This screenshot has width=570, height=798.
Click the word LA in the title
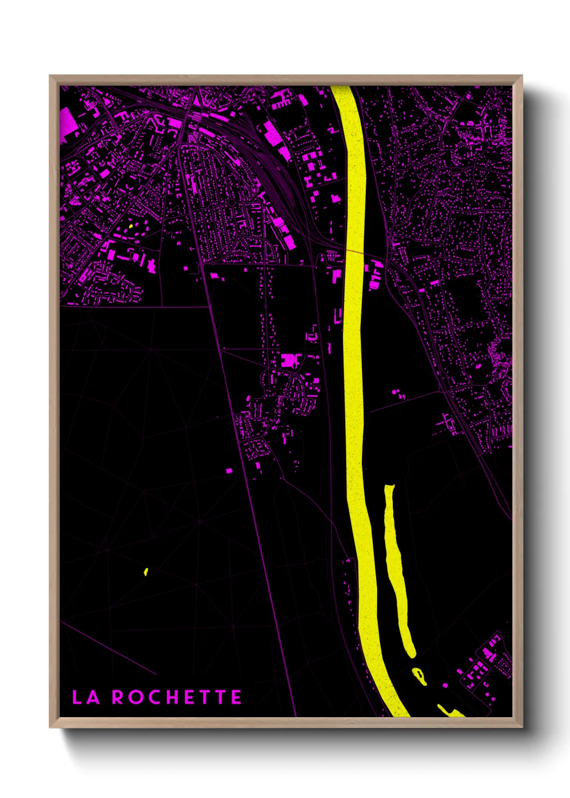tap(86, 697)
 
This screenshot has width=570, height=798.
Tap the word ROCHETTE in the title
tap(177, 697)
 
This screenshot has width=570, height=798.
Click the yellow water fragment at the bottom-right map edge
tap(450, 711)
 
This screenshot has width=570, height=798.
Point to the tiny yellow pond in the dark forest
tap(146, 572)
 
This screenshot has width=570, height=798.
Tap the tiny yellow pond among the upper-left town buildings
tap(131, 226)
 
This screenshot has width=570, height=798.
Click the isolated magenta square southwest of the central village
tap(229, 471)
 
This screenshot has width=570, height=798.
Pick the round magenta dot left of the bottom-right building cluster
tap(445, 685)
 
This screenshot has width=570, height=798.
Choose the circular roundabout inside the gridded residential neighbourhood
tap(231, 203)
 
